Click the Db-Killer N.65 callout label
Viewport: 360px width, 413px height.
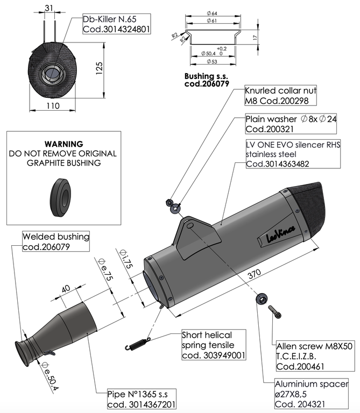[116, 23]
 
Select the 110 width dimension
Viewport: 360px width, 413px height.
[53, 106]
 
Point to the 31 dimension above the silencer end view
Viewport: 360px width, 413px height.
[49, 8]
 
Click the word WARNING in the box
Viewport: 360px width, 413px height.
[63, 144]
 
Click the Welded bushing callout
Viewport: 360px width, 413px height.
[56, 241]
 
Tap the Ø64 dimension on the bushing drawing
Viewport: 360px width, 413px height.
[210, 12]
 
